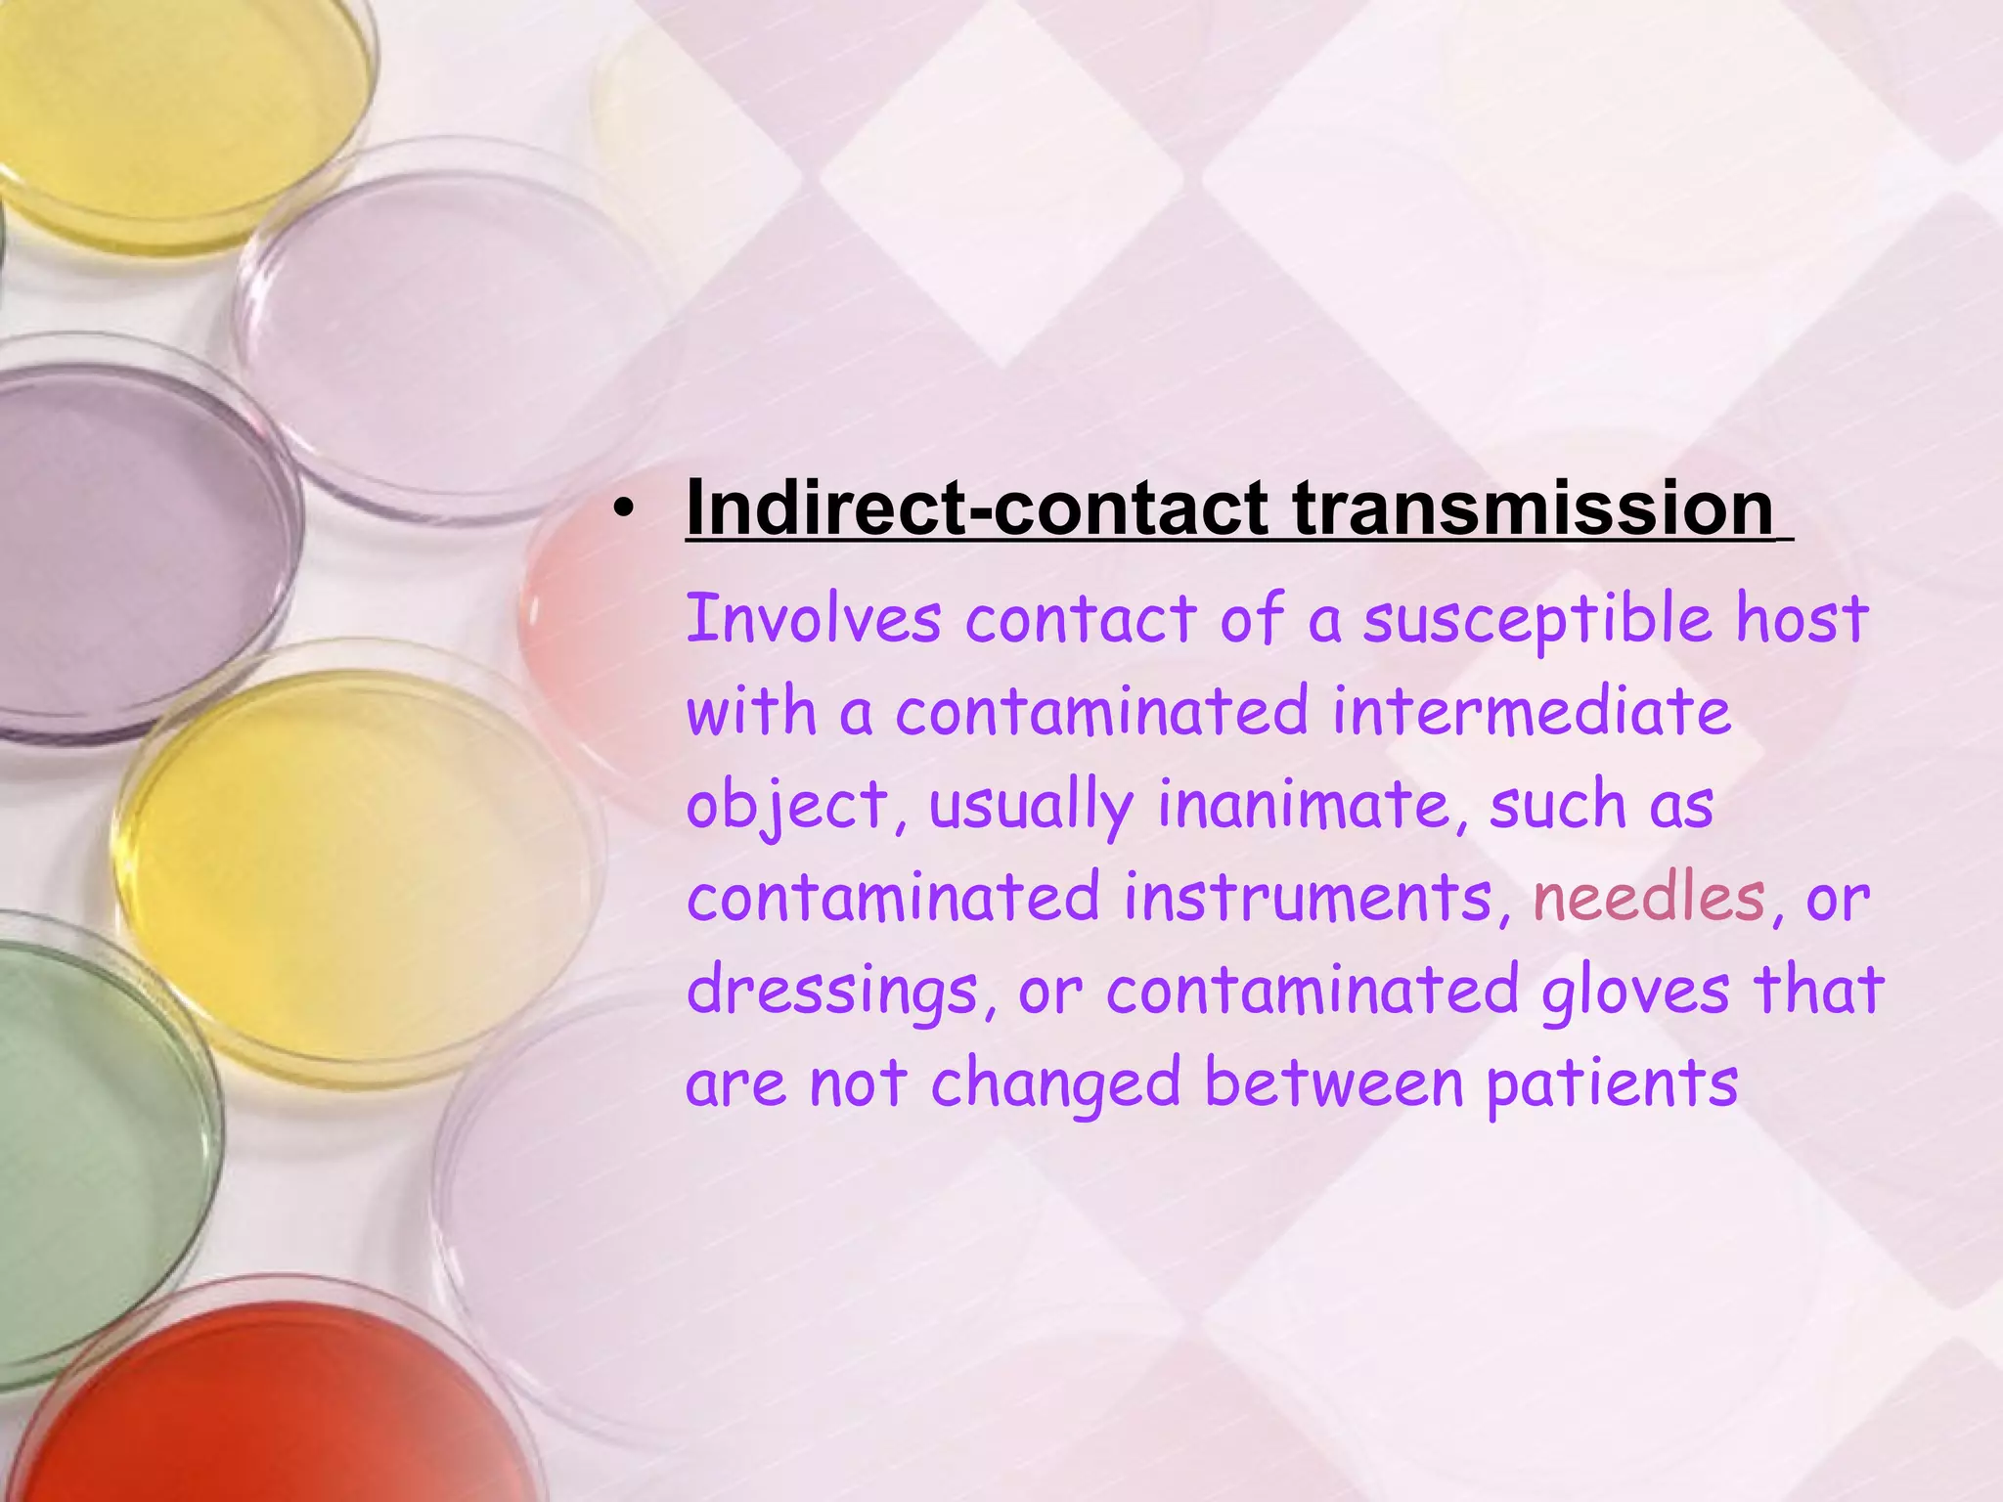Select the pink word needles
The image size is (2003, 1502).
pos(1649,898)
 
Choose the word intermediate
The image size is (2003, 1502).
pos(1532,711)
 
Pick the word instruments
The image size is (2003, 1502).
pos(1309,898)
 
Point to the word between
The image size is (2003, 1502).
pos(1334,1083)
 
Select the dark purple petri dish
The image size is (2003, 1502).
pos(127,548)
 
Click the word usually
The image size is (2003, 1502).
pos(1031,807)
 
